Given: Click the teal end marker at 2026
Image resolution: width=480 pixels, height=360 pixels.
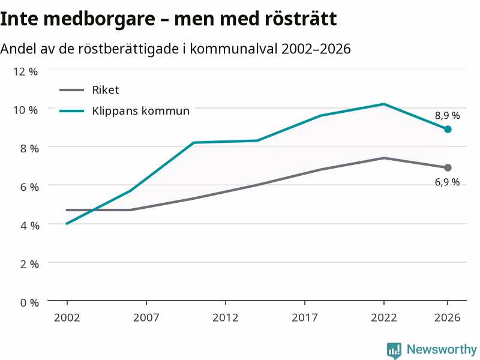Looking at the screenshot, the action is (448, 129).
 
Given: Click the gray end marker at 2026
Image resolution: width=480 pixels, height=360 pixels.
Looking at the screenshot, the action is (448, 168).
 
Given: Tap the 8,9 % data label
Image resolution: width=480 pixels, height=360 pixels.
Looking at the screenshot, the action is (447, 116).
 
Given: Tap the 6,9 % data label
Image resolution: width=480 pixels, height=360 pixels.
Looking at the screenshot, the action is (447, 182).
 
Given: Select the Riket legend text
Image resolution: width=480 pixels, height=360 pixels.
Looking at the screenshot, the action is (106, 90).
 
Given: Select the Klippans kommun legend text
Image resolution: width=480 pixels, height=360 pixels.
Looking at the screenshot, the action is (141, 111).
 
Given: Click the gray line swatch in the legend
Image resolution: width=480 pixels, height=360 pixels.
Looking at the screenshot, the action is (71, 90).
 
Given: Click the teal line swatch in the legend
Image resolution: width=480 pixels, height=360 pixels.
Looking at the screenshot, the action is (71, 111).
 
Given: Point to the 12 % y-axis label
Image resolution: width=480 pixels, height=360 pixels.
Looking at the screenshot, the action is (25, 71).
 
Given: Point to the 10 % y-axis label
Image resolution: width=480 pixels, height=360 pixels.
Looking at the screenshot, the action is (25, 110).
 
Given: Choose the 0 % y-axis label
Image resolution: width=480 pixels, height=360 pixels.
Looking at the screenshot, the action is (29, 303).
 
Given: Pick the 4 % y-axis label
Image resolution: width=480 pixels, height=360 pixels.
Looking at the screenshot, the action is (29, 226).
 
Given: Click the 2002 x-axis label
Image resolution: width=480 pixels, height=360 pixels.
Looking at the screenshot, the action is (67, 318).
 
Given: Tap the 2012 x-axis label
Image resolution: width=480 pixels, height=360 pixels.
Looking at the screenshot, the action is (226, 318).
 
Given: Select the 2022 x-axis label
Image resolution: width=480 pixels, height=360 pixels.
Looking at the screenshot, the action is (384, 318).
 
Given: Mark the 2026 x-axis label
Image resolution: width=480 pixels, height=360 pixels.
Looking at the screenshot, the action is (447, 318).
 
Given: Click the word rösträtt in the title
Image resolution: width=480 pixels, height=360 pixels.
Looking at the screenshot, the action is (301, 19).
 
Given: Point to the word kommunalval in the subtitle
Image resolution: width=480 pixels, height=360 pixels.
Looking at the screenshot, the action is (234, 49).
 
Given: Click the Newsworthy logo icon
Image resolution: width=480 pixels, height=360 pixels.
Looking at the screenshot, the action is (394, 350).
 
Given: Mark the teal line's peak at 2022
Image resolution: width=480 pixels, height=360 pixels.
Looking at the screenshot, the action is (384, 104).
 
